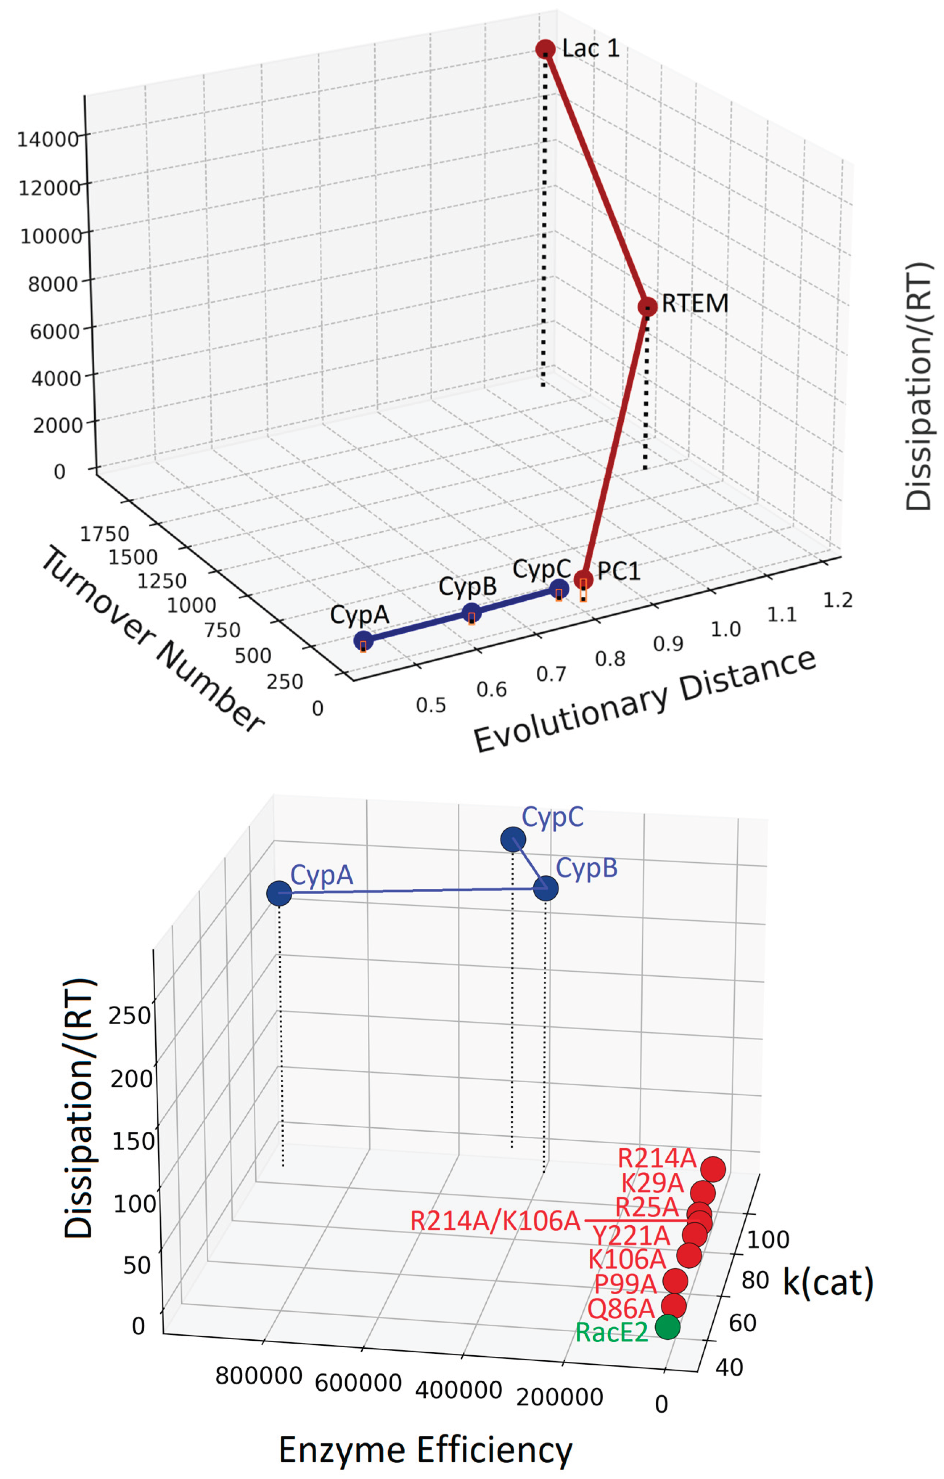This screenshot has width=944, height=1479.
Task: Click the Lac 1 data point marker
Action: [545, 49]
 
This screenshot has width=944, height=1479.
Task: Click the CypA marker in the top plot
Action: [363, 640]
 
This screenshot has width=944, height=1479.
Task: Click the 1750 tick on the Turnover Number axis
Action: [104, 534]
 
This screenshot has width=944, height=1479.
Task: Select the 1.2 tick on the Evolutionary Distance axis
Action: [837, 600]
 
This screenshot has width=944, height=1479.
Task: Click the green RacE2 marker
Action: [668, 1327]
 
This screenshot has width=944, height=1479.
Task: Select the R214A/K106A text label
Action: [495, 1221]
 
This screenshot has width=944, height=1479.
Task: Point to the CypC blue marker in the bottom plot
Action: [513, 839]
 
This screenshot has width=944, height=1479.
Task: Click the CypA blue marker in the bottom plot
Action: [279, 894]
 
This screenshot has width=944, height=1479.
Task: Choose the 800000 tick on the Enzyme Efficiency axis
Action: [259, 1376]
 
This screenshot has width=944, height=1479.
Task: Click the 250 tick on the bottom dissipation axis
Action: [129, 1016]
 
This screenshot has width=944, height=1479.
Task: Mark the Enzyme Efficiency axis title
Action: [425, 1451]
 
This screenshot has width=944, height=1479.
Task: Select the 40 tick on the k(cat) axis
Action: [729, 1367]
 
